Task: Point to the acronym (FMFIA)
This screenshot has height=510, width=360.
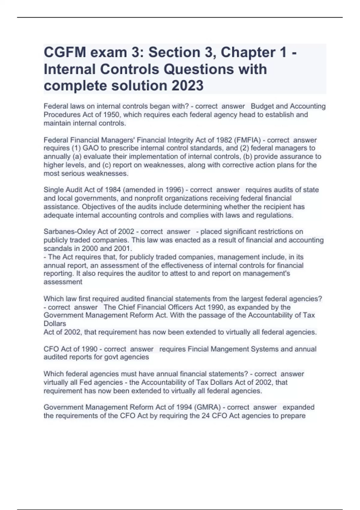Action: (x=247, y=140)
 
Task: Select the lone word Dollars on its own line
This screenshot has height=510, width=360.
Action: (x=55, y=324)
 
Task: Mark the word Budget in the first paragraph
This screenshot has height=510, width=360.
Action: (x=262, y=106)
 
